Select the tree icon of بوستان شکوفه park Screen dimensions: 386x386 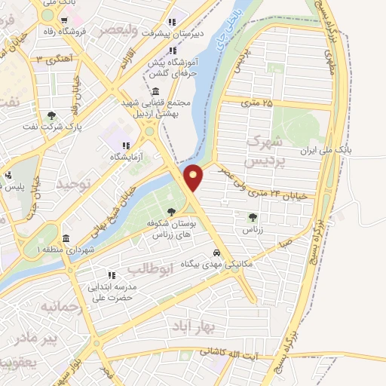172,210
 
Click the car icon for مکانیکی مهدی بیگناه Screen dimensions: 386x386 216,253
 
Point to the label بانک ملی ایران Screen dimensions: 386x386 348,151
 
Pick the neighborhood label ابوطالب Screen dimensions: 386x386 151,269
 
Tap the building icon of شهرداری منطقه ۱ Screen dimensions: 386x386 66,237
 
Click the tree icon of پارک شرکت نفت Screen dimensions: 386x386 51,115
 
